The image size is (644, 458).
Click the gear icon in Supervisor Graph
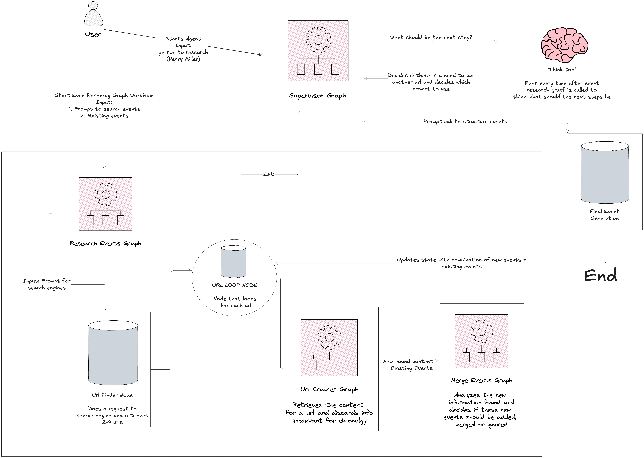[318, 40]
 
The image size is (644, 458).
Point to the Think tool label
[562, 69]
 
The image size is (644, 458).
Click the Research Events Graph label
[105, 243]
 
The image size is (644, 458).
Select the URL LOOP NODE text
[235, 285]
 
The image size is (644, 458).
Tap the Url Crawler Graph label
[329, 389]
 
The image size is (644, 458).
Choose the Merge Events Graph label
[481, 380]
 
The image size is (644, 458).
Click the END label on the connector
[269, 174]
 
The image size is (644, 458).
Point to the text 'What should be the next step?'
[431, 37]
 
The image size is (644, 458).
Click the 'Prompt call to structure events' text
[465, 122]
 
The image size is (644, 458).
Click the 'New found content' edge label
[408, 361]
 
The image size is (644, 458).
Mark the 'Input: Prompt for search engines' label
[47, 284]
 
